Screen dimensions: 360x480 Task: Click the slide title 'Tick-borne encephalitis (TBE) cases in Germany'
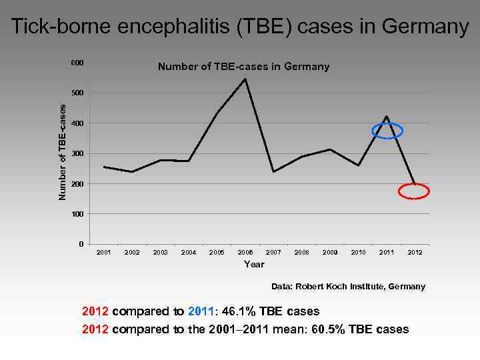pyautogui.click(x=240, y=27)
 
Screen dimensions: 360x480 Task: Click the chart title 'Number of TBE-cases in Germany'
pyautogui.click(x=243, y=67)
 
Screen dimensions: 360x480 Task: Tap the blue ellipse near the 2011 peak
pyautogui.click(x=387, y=131)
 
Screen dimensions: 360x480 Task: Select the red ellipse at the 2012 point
pyautogui.click(x=413, y=191)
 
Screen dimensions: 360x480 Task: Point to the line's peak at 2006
pyautogui.click(x=245, y=79)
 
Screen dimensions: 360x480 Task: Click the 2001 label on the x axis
pyautogui.click(x=103, y=253)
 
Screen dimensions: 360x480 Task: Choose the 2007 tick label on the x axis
pyautogui.click(x=273, y=253)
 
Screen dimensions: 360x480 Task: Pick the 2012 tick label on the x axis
pyautogui.click(x=415, y=253)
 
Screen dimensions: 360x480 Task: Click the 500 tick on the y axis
pyautogui.click(x=77, y=93)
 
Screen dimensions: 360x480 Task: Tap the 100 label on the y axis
pyautogui.click(x=77, y=214)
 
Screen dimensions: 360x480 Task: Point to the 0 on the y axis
pyautogui.click(x=81, y=244)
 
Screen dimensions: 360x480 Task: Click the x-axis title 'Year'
pyautogui.click(x=254, y=265)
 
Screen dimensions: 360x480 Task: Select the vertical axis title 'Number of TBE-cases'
pyautogui.click(x=62, y=152)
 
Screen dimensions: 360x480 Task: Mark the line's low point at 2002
pyautogui.click(x=132, y=172)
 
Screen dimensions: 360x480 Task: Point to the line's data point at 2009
pyautogui.click(x=330, y=149)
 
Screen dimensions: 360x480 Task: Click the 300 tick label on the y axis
pyautogui.click(x=77, y=153)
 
